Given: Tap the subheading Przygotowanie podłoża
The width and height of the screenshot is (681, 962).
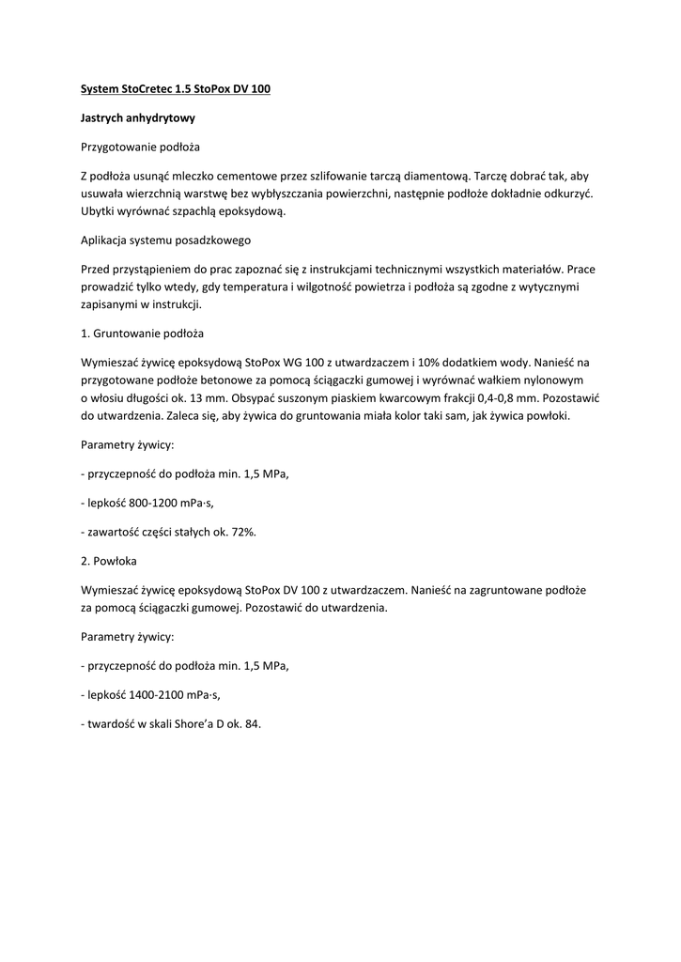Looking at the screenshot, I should coord(140,147).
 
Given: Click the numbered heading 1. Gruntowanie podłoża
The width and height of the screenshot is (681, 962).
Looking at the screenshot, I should coord(142,333).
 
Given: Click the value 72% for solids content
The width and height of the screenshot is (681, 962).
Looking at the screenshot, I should coord(241,532).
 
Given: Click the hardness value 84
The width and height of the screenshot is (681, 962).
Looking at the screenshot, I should coord(251,723).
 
